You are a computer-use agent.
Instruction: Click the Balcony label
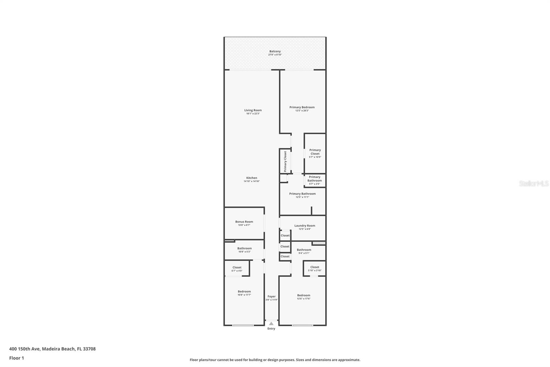(275, 51)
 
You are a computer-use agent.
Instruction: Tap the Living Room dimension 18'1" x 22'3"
(253, 114)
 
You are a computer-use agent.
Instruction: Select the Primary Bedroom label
(302, 107)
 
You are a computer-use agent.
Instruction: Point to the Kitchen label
(252, 178)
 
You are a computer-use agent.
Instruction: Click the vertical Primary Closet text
(285, 161)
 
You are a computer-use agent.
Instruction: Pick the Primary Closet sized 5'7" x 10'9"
(315, 153)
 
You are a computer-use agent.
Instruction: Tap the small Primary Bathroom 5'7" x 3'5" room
(315, 180)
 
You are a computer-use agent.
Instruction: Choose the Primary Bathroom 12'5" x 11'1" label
(302, 194)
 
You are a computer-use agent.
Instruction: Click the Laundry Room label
(305, 226)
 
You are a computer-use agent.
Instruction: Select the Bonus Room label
(244, 222)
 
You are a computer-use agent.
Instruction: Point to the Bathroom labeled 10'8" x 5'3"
(244, 248)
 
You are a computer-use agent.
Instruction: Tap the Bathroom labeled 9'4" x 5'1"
(304, 250)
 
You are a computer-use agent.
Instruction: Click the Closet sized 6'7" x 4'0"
(237, 268)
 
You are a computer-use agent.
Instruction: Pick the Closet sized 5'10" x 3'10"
(315, 267)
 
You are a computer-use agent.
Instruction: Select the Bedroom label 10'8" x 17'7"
(244, 292)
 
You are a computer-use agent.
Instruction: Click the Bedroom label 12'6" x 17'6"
(304, 295)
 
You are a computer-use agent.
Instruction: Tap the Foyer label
(272, 296)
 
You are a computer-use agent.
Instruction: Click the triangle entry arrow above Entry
(271, 324)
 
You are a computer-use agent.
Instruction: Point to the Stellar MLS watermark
(533, 183)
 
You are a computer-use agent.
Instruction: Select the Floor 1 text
(16, 358)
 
